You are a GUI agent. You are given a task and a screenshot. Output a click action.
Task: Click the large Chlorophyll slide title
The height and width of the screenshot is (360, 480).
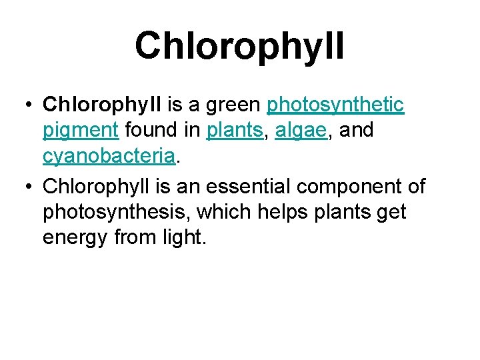[x=239, y=45]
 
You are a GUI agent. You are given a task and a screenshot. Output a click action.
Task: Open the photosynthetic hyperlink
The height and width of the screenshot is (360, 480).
[x=335, y=105]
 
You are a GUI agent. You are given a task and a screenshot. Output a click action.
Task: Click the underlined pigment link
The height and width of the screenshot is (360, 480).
[x=81, y=131]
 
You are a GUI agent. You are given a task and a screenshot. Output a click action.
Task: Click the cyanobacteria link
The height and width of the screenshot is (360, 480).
[x=109, y=157]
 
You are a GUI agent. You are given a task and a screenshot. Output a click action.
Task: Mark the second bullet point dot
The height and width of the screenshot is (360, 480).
[x=26, y=185]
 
